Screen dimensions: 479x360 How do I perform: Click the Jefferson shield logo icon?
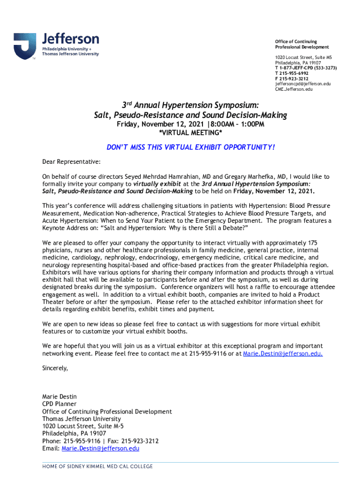(25, 46)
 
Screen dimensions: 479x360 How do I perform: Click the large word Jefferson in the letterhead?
(71, 38)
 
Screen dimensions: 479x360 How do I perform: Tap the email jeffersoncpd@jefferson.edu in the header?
(302, 84)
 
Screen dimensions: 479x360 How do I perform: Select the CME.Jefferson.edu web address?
(294, 89)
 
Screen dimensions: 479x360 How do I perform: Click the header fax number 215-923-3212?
(294, 79)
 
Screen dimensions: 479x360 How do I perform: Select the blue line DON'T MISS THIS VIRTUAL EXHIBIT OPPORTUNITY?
(190, 148)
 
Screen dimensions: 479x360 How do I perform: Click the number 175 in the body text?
(313, 243)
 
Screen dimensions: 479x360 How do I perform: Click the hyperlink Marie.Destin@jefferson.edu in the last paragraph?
(282, 354)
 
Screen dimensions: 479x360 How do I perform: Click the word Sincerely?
(55, 368)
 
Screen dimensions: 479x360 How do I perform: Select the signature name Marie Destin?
(59, 397)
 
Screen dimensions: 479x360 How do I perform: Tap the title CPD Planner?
(59, 404)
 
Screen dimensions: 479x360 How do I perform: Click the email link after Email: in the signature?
(101, 449)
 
